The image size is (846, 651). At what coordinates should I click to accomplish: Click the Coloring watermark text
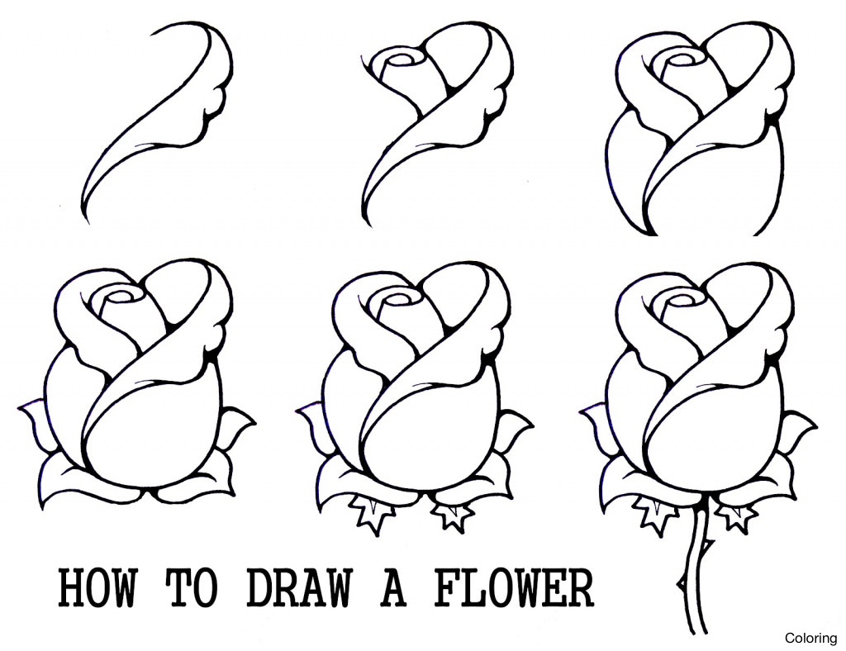810,637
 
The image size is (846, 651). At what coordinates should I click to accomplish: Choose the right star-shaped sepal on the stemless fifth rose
453,515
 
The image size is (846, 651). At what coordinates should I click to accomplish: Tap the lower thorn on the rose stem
679,582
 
